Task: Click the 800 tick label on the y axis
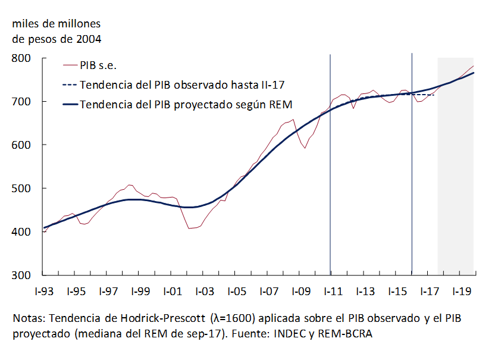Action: [21, 58]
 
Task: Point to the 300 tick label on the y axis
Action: [21, 276]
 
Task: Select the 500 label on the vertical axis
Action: [21, 189]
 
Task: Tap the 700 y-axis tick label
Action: [21, 102]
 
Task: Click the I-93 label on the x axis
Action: [44, 292]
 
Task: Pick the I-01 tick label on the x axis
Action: [171, 292]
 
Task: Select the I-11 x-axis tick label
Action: [331, 292]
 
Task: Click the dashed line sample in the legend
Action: [70, 84]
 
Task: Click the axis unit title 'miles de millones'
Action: [57, 24]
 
